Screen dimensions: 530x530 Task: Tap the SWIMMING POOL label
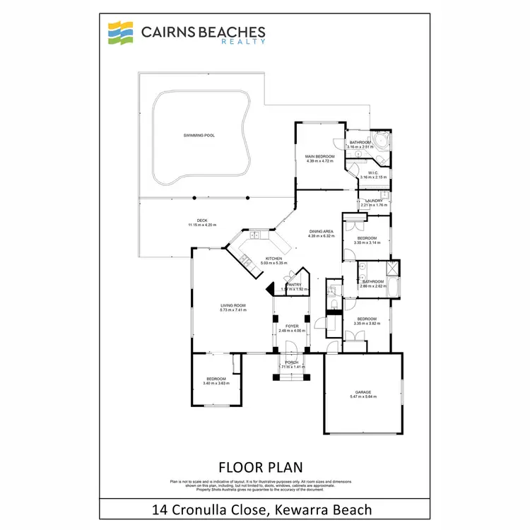(x=194, y=134)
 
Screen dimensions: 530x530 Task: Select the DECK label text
(x=202, y=220)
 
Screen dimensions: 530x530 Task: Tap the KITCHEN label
(x=273, y=259)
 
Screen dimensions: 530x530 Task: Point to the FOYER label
(x=291, y=326)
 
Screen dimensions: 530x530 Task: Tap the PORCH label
(x=290, y=363)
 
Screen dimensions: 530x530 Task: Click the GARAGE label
(x=363, y=391)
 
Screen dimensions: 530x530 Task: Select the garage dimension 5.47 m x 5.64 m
(x=363, y=396)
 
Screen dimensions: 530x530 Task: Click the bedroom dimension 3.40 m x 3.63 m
(x=215, y=383)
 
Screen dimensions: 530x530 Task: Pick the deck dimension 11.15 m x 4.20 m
(x=202, y=225)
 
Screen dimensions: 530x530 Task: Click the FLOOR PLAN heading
(x=261, y=467)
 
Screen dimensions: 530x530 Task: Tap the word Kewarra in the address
(x=310, y=509)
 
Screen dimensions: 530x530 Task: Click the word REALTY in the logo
(x=246, y=42)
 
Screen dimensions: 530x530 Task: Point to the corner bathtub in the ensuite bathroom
(x=379, y=139)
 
